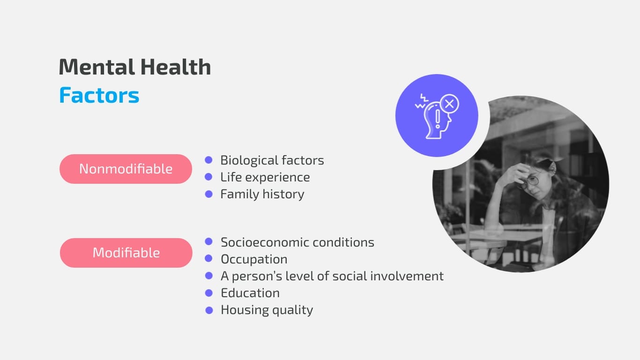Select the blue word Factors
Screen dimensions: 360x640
click(x=99, y=95)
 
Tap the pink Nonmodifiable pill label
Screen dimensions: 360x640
click(x=126, y=169)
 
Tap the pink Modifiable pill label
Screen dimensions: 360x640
click(x=126, y=253)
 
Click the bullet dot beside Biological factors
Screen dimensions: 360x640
click(x=209, y=160)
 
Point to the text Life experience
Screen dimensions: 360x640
click(x=265, y=177)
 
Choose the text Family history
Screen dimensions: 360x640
click(x=262, y=194)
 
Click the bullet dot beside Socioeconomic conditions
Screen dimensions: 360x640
click(x=209, y=242)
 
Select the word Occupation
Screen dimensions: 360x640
click(x=254, y=259)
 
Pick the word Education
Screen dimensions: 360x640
click(x=250, y=293)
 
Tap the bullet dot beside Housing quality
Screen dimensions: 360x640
click(x=209, y=310)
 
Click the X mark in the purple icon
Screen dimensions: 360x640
click(x=449, y=104)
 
